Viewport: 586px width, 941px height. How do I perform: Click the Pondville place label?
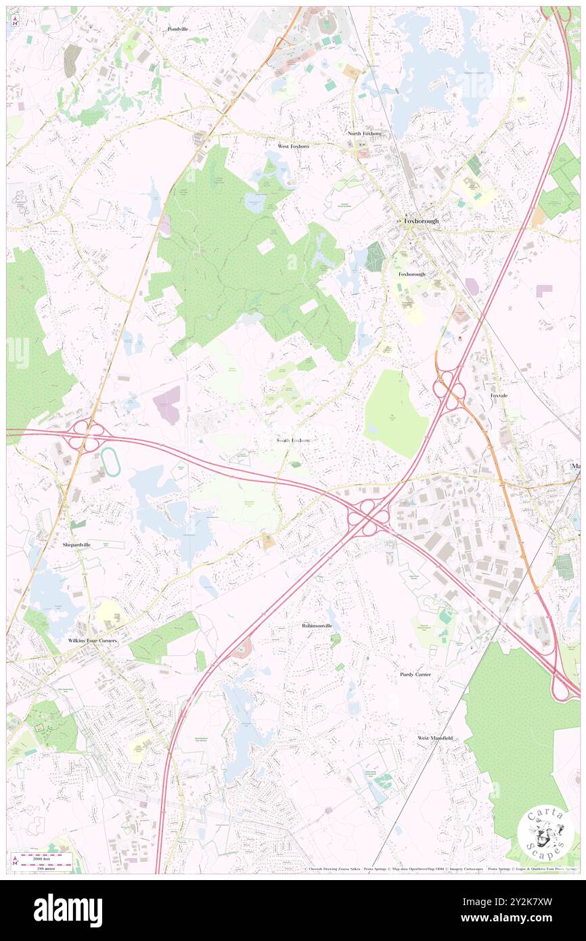178,30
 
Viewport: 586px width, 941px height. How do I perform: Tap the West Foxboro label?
293,146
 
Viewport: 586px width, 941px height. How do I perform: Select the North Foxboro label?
365,134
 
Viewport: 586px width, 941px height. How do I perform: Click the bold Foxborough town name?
421,221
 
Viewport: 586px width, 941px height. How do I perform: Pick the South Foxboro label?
294,441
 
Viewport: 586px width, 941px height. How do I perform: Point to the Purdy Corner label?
415,675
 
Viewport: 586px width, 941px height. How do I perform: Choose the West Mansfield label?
434,738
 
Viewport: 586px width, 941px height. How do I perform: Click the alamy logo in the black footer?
68,911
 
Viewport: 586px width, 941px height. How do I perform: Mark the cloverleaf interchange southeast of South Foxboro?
369,518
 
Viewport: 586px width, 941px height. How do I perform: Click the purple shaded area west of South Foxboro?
168,405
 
